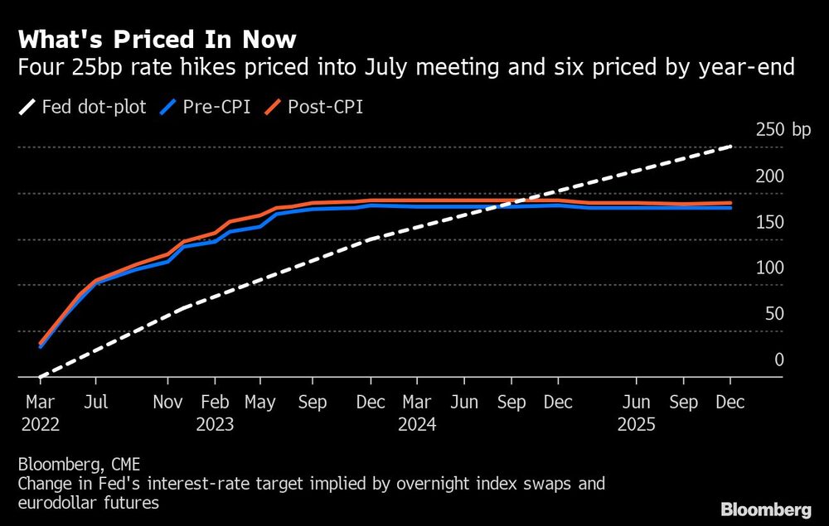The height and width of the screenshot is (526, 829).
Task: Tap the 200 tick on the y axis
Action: (x=769, y=176)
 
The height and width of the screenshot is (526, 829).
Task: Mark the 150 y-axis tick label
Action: (x=769, y=222)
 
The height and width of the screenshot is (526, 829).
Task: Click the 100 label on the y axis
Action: (x=769, y=268)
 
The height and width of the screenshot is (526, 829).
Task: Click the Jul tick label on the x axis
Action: (x=96, y=403)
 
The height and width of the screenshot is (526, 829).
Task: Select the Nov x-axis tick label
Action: (x=167, y=403)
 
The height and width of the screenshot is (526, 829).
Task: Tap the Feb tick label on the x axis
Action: (x=215, y=403)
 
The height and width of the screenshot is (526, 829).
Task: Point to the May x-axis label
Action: (x=260, y=403)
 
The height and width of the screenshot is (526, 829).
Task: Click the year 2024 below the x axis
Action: (x=417, y=424)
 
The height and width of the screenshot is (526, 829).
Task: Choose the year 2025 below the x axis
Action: (x=637, y=424)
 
